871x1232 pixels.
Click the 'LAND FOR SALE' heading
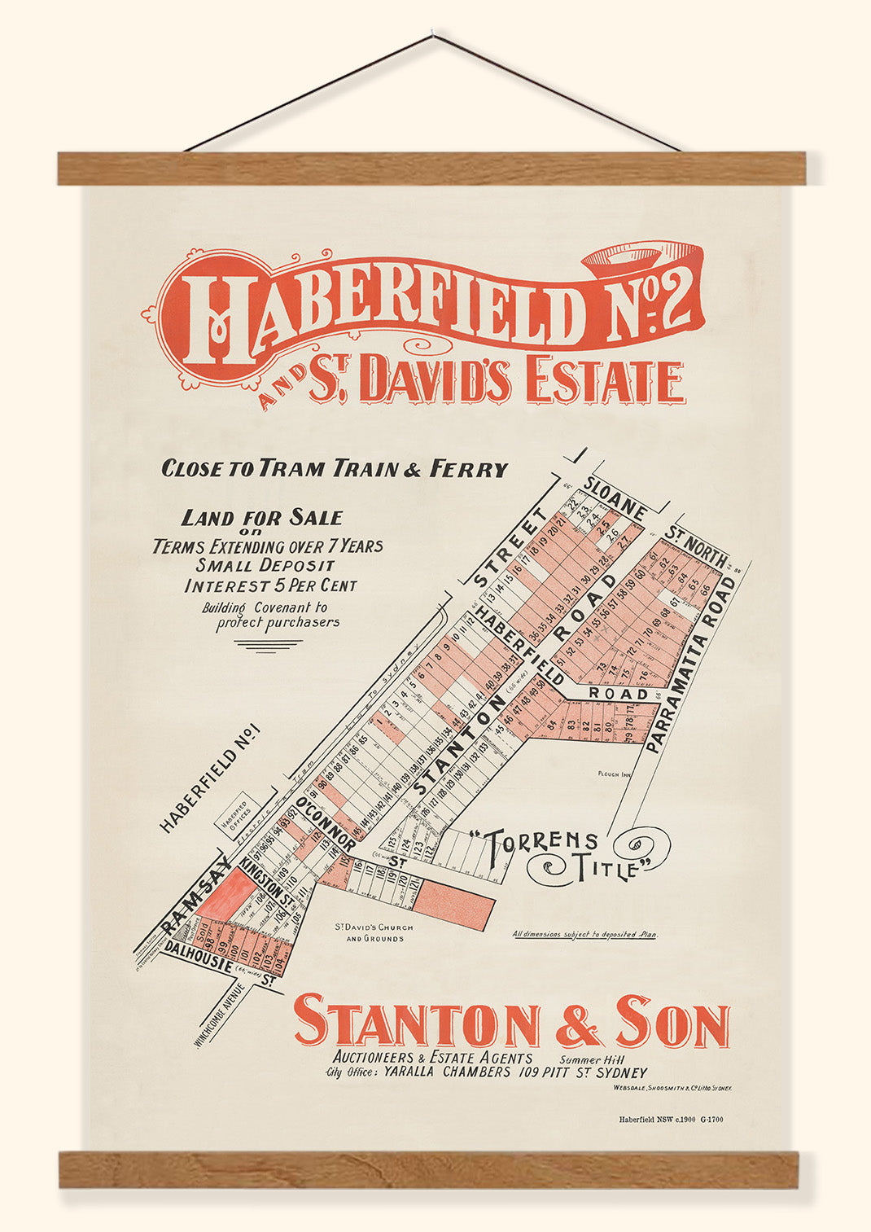pos(261,518)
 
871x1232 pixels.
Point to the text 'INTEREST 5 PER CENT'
pos(270,585)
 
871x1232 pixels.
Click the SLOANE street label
pos(615,498)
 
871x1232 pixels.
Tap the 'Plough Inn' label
pos(615,776)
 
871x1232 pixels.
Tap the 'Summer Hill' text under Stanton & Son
pos(589,1059)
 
